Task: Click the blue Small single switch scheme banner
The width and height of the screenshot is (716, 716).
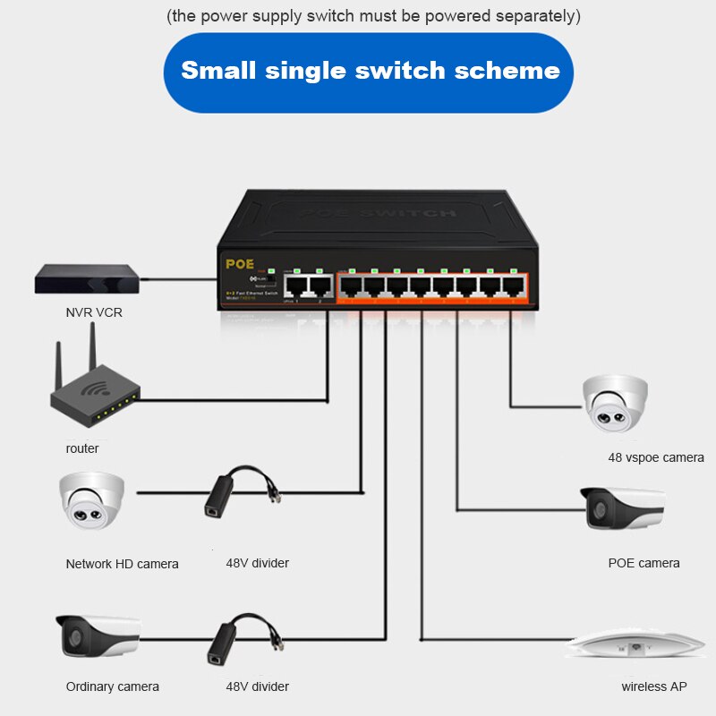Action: (x=370, y=72)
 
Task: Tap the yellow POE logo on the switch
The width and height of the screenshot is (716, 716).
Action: (x=241, y=264)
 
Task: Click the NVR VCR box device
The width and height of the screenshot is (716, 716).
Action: (x=87, y=279)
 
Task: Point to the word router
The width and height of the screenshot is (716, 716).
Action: (x=82, y=448)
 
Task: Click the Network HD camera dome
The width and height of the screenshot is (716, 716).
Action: (x=92, y=501)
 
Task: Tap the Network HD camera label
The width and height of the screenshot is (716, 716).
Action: (x=122, y=564)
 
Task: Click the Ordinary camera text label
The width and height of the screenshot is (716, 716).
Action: (x=112, y=686)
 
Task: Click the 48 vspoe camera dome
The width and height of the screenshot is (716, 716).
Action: (x=615, y=403)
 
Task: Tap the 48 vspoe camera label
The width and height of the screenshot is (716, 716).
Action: (x=656, y=457)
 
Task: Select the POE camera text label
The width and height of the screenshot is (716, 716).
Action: (x=644, y=563)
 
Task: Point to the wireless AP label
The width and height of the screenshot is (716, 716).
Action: (x=654, y=686)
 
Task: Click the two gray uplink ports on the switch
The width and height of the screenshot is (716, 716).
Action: (x=308, y=286)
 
